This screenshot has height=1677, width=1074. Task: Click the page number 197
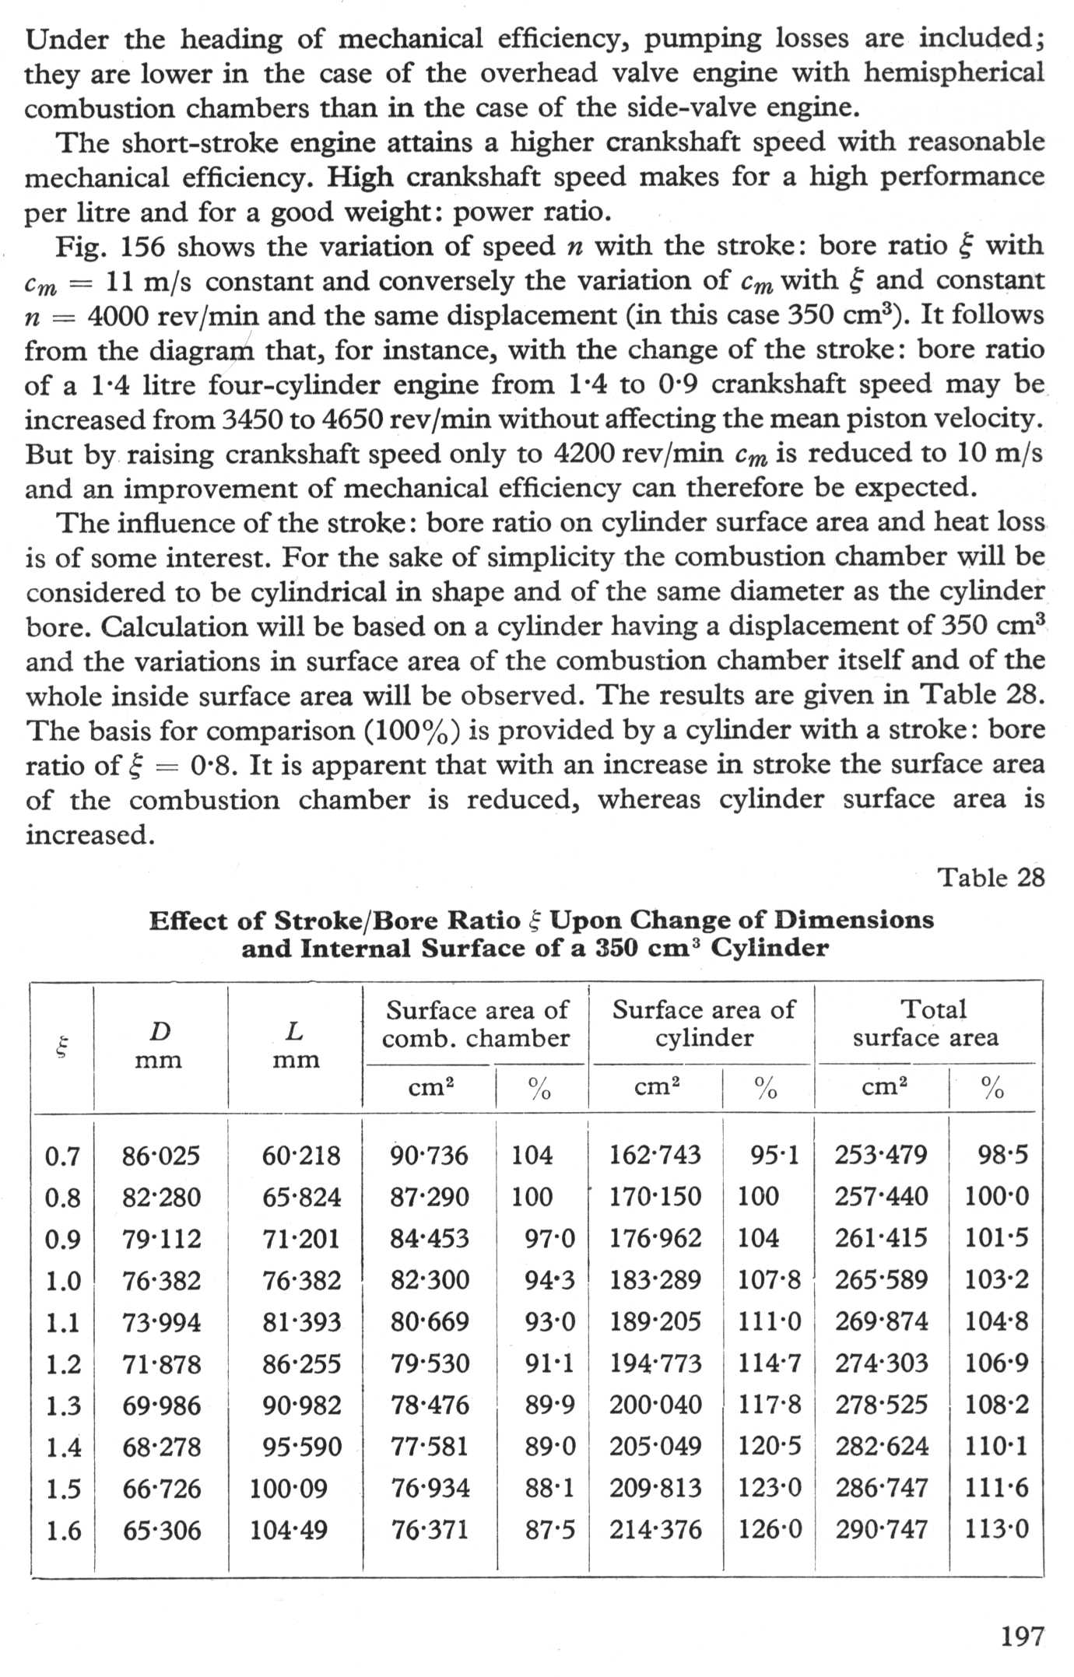(x=1022, y=1636)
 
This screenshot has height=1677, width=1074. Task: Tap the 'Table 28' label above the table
(x=991, y=878)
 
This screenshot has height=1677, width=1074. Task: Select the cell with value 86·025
(x=161, y=1156)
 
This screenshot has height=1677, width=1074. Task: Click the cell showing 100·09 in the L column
(x=289, y=1489)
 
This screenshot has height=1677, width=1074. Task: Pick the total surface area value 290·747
(x=882, y=1530)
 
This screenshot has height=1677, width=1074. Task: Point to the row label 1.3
(x=63, y=1405)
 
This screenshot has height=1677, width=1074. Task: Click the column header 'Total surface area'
(x=926, y=1023)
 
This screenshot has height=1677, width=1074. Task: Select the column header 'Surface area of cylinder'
(x=704, y=1023)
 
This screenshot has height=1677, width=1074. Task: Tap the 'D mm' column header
(x=160, y=1045)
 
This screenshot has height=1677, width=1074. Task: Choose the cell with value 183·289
(x=655, y=1280)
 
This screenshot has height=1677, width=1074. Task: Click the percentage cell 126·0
(x=769, y=1530)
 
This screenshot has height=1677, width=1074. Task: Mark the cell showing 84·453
(x=430, y=1239)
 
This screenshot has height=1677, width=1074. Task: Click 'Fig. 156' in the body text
(x=110, y=247)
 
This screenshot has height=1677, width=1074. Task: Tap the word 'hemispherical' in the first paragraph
(x=953, y=73)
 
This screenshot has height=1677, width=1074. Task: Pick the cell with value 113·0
(x=997, y=1530)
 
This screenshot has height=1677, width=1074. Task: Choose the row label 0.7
(x=63, y=1156)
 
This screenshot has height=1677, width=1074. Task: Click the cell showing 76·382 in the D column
(x=161, y=1280)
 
